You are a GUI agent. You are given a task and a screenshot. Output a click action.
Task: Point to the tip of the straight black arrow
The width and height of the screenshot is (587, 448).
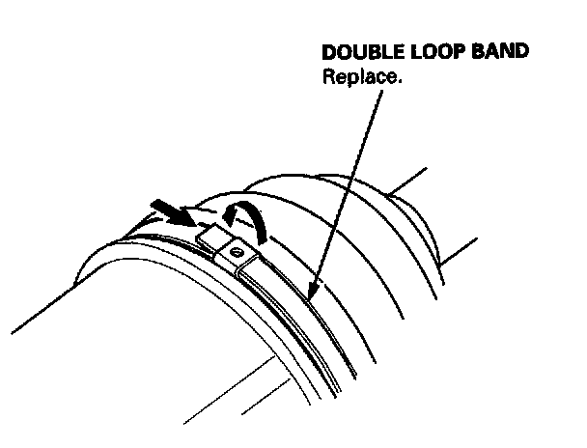192,220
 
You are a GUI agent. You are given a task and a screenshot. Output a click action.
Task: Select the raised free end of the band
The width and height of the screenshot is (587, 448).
209,233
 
